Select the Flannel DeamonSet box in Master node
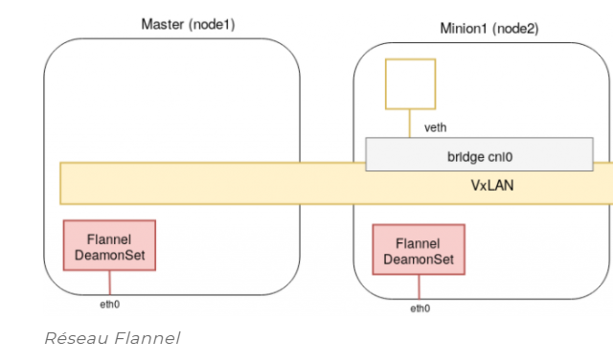click(x=109, y=245)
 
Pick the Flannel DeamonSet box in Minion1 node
click(x=419, y=250)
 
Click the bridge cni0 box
click(x=479, y=154)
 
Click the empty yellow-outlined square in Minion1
click(x=410, y=84)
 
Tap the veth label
click(x=435, y=127)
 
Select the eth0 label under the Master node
click(x=109, y=304)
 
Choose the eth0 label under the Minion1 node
click(x=420, y=307)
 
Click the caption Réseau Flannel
click(x=112, y=337)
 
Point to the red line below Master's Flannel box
click(x=109, y=283)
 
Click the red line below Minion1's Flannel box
click(x=420, y=286)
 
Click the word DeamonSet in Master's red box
click(x=109, y=256)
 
